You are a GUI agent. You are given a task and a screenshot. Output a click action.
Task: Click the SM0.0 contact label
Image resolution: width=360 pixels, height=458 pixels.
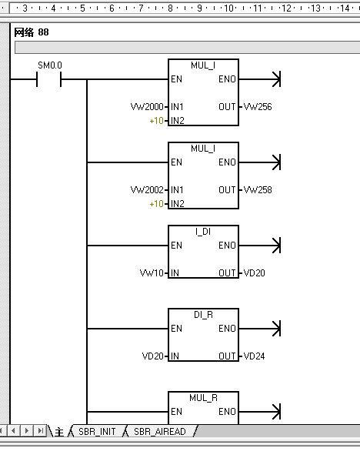point(50,65)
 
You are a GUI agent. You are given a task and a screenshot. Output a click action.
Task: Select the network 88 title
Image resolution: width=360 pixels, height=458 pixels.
point(32,32)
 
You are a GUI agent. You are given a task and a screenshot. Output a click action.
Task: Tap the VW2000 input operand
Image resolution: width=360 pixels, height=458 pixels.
point(147,107)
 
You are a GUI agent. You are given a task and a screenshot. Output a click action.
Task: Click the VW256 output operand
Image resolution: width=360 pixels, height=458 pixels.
point(258,107)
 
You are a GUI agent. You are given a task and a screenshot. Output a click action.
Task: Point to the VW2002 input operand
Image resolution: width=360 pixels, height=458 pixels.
point(147,190)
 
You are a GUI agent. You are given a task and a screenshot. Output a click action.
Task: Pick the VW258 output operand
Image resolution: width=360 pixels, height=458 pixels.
point(258,190)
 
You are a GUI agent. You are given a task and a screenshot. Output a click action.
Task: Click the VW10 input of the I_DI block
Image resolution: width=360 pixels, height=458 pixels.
point(152,273)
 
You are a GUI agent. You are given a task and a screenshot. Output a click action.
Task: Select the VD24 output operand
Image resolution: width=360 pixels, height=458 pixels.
point(254,356)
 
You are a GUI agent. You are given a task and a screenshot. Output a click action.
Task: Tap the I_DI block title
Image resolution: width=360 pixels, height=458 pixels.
point(203,232)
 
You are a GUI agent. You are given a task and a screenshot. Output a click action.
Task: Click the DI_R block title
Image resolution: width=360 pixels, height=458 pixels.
point(204,315)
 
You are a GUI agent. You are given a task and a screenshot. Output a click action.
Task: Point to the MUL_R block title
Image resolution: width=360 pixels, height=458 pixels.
point(204,398)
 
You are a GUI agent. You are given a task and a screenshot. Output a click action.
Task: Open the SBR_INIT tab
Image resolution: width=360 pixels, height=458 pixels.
point(97,431)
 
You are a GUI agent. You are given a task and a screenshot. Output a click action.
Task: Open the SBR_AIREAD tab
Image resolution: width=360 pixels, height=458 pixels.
point(160,431)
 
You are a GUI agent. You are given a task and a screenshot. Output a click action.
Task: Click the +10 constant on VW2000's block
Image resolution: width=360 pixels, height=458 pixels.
point(156,121)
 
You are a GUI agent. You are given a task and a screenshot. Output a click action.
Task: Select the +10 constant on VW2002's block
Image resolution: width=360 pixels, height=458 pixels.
point(156,203)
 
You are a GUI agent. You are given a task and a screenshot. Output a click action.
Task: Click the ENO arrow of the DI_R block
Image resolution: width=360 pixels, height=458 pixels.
point(260,329)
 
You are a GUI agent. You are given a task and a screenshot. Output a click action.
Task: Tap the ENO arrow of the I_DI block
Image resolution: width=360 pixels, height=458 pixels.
point(260,246)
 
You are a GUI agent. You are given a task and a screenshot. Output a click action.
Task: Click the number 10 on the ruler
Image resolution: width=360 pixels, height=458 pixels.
point(228,8)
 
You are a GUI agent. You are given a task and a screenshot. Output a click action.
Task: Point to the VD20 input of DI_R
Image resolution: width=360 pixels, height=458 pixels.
point(153,356)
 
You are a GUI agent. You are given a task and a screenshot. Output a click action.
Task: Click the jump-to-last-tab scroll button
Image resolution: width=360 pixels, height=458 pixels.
point(40,430)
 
